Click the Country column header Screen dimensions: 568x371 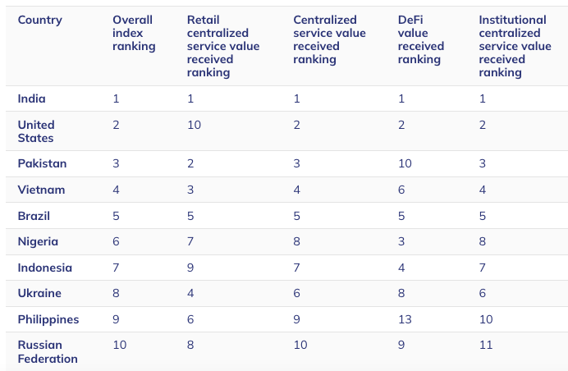click(40, 21)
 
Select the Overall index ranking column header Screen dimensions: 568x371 click(134, 33)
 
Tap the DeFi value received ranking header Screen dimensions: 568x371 click(420, 39)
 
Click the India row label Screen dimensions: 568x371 click(31, 98)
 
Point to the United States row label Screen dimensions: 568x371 click(36, 131)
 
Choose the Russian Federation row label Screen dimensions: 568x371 click(48, 351)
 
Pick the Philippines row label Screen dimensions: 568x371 click(48, 319)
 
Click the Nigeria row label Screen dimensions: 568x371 click(38, 241)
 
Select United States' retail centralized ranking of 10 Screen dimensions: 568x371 click(194, 125)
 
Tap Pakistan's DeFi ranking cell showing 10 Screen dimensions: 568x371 click(405, 163)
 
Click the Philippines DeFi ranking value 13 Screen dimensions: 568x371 click(405, 319)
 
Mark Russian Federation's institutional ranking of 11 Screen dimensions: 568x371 click(486, 345)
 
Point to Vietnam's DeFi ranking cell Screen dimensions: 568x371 click(401, 190)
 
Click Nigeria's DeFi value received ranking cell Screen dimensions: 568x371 click(401, 241)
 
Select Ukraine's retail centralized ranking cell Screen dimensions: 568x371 click(190, 293)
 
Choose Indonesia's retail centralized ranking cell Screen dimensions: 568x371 click(190, 268)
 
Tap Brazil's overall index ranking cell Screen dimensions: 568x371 click(116, 216)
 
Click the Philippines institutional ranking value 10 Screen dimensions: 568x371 click(486, 319)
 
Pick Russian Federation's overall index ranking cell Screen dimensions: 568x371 click(120, 345)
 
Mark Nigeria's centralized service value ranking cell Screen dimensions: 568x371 click(296, 241)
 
